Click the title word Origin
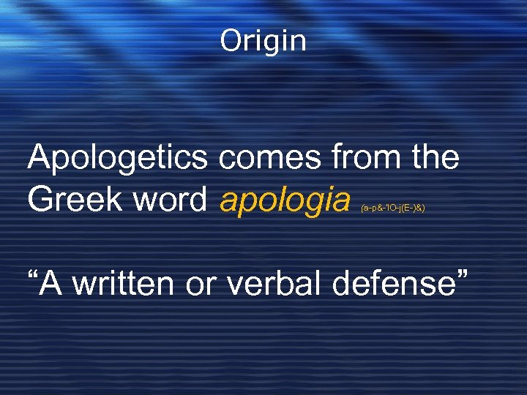tap(263, 41)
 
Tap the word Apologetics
tap(122, 158)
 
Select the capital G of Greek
tap(40, 199)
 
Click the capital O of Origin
tap(231, 41)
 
